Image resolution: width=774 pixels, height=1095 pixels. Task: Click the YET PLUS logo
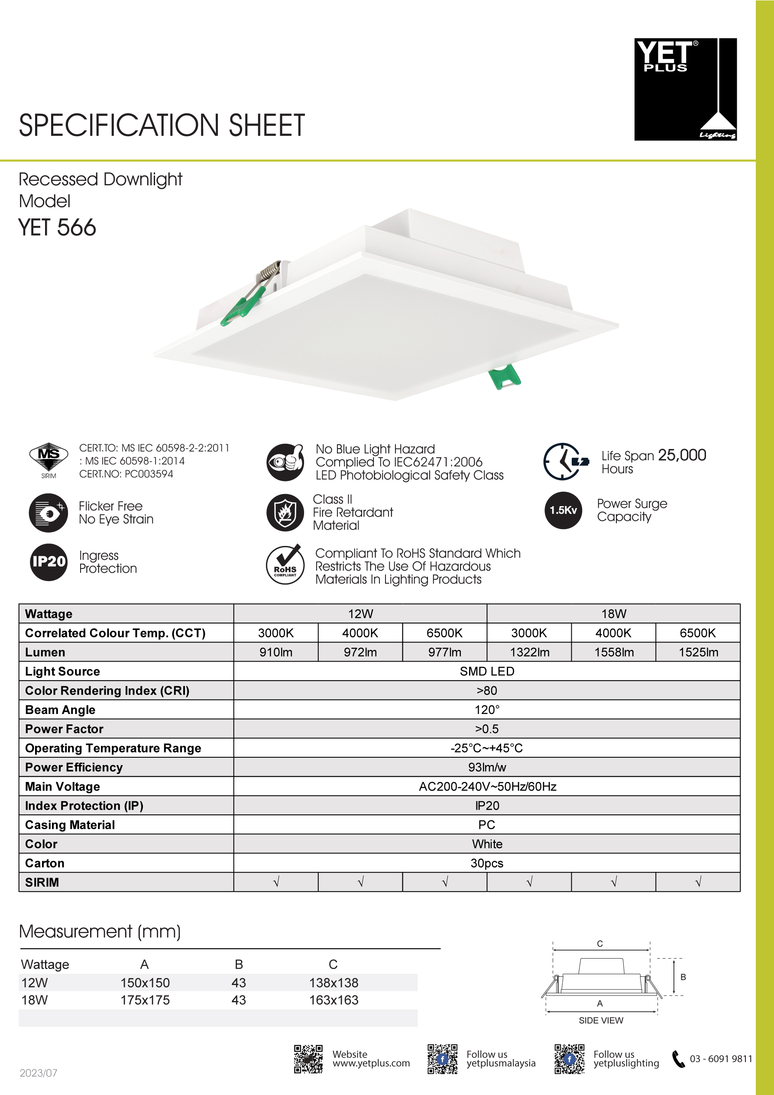(685, 89)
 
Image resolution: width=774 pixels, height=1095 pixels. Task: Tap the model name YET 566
(57, 227)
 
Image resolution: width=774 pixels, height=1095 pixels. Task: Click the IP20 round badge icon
(49, 562)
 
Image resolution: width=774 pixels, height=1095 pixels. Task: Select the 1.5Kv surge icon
(563, 510)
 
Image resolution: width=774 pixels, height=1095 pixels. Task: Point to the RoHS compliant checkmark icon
(285, 565)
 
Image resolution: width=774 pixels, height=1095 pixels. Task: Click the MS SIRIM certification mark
(49, 459)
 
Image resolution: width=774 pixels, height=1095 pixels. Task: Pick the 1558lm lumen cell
(614, 652)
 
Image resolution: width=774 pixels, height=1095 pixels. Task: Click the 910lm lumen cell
(276, 652)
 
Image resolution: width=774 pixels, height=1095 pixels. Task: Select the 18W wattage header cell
(614, 614)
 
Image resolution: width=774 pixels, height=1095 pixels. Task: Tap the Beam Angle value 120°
(487, 710)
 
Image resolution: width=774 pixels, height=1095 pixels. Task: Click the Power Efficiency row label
(74, 767)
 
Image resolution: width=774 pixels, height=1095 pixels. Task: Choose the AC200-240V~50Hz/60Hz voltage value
(487, 786)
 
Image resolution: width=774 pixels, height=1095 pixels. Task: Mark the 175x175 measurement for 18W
(145, 1000)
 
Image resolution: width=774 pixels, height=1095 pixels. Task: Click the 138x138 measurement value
(334, 982)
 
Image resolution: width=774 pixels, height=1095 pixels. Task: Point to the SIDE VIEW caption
(601, 1020)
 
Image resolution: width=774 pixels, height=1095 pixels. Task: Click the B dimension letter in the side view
(683, 977)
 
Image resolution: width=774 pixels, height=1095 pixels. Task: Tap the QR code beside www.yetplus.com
(308, 1059)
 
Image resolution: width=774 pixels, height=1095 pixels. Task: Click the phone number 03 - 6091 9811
(721, 1059)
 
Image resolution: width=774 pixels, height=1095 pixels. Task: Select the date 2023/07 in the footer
(38, 1073)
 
